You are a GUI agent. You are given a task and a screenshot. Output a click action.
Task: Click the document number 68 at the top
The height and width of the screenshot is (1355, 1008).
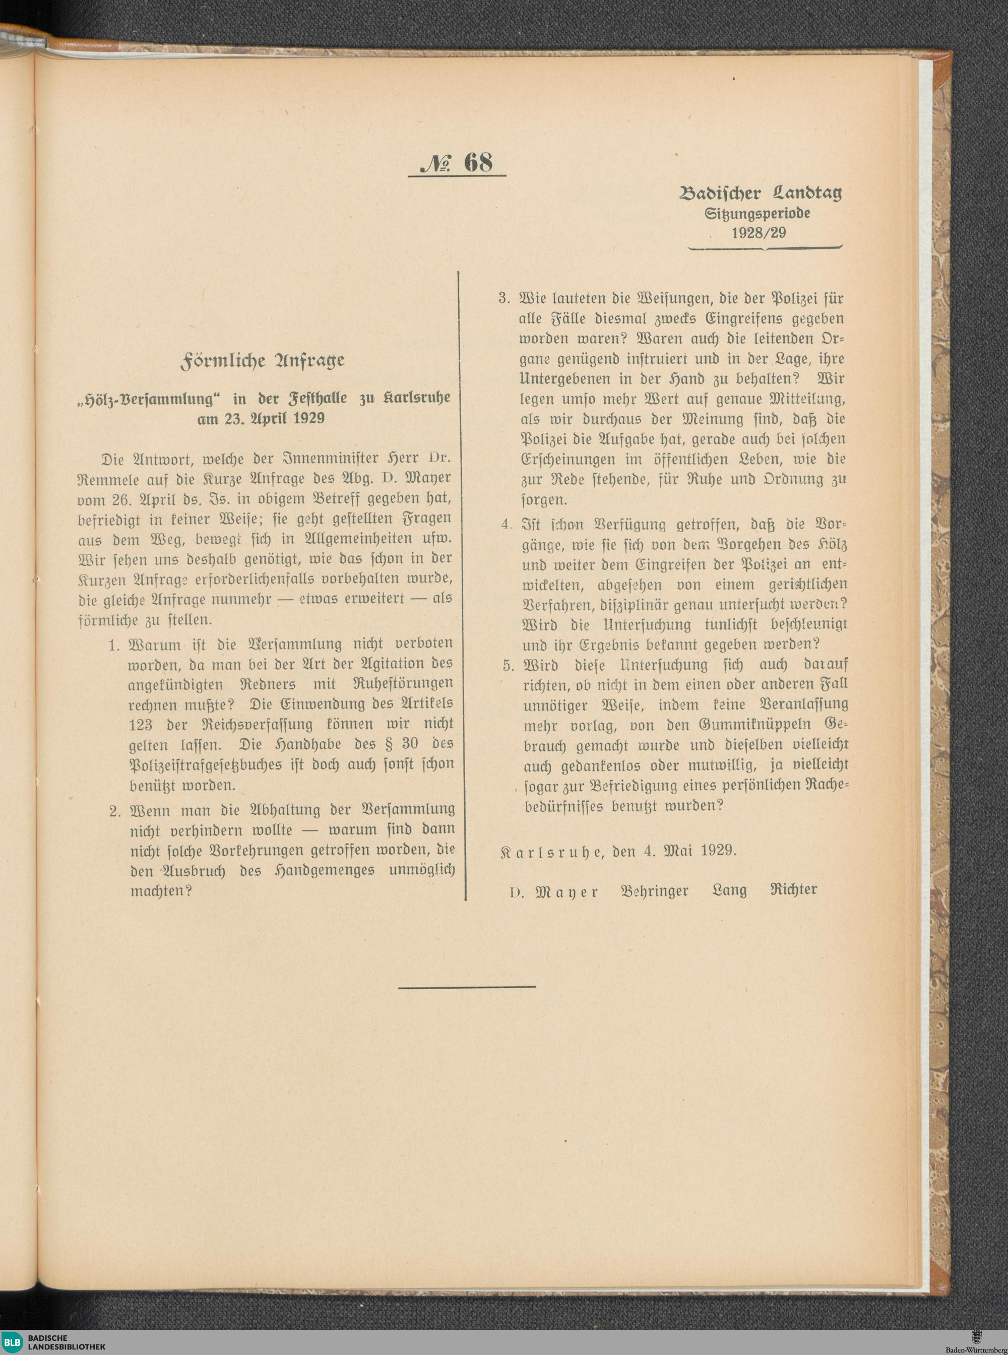478,162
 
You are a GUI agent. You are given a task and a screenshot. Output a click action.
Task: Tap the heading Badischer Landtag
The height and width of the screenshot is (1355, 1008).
761,194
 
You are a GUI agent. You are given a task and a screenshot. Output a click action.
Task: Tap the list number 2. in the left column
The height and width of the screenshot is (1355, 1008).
116,811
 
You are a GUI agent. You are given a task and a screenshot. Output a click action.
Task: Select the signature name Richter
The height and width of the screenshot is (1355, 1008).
791,889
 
